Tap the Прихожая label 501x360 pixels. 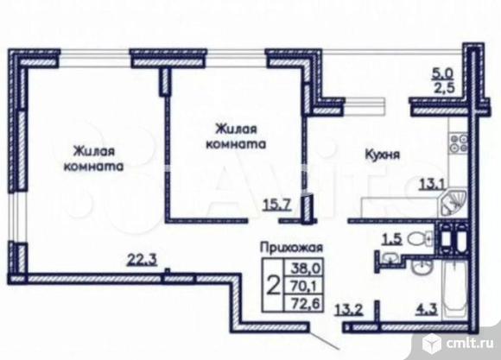pyautogui.click(x=285, y=247)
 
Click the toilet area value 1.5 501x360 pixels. pyautogui.click(x=390, y=238)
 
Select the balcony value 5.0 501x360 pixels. pyautogui.click(x=441, y=73)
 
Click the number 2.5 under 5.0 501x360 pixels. pyautogui.click(x=441, y=88)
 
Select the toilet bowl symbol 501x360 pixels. pyautogui.click(x=418, y=238)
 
